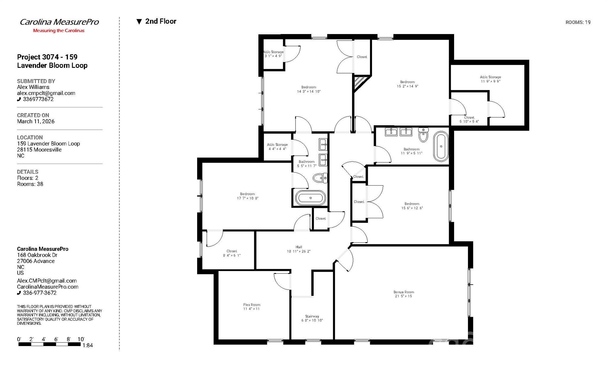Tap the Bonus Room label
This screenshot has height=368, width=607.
(x=403, y=294)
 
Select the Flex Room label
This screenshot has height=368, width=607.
(x=252, y=307)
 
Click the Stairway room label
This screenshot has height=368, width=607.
(x=312, y=318)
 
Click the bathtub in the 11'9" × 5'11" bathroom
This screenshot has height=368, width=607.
(x=441, y=146)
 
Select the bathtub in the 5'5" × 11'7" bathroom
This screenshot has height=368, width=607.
(x=310, y=198)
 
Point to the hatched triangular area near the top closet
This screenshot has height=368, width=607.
(x=360, y=82)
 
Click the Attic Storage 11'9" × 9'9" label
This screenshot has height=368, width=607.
(x=490, y=79)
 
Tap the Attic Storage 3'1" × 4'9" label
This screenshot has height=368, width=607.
(x=273, y=54)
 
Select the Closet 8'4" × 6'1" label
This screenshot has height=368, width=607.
(x=232, y=253)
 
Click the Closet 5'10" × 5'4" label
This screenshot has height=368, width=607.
(x=469, y=119)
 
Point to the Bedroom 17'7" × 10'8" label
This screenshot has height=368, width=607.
(x=247, y=196)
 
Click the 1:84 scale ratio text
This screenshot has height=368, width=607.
(x=88, y=345)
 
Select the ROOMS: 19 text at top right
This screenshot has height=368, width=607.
(x=578, y=22)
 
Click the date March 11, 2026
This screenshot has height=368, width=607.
(x=36, y=121)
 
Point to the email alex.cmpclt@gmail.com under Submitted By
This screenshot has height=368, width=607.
(x=46, y=93)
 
